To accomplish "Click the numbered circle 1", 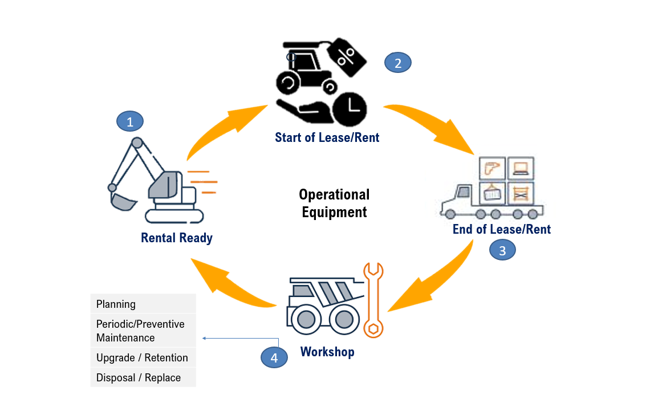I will coord(130,121).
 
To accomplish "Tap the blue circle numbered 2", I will coord(398,63).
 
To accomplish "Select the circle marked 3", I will coord(502,250).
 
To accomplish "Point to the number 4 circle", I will coord(274,357).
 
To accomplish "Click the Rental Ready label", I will coord(177,238).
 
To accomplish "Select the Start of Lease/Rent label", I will coord(327,137).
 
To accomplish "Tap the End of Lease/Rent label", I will coord(502,229).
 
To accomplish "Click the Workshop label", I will coord(327,352).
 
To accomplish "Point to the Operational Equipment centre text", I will coord(334,203).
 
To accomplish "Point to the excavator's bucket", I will coord(123,201).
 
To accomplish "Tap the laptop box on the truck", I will coord(521,169).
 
